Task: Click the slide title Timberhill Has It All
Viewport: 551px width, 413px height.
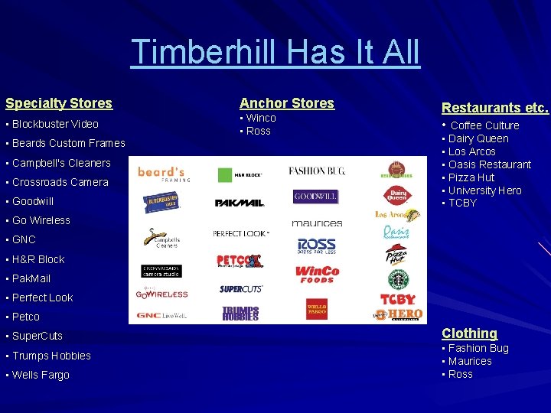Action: click(275, 52)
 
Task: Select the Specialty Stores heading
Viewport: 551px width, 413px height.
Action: click(59, 103)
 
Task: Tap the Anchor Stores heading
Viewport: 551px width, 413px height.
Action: click(287, 103)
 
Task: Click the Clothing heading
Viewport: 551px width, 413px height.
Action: click(469, 333)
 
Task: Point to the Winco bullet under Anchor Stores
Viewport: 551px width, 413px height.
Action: click(261, 119)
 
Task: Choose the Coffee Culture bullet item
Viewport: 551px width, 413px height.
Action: click(484, 125)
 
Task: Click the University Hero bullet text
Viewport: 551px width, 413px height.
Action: click(485, 190)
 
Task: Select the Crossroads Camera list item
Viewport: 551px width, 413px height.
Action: click(60, 182)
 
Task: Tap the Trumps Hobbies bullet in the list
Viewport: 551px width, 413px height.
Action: click(51, 356)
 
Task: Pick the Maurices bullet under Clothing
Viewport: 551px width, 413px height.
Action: click(470, 361)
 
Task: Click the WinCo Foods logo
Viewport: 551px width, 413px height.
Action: click(317, 274)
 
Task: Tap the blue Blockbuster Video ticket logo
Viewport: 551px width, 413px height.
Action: click(161, 202)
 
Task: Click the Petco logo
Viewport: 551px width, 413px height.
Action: click(240, 262)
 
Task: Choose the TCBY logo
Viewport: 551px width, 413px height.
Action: click(397, 299)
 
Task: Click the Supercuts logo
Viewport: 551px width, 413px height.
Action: click(241, 289)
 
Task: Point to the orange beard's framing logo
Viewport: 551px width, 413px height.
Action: click(163, 174)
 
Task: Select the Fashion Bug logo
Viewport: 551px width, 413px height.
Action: click(317, 171)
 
